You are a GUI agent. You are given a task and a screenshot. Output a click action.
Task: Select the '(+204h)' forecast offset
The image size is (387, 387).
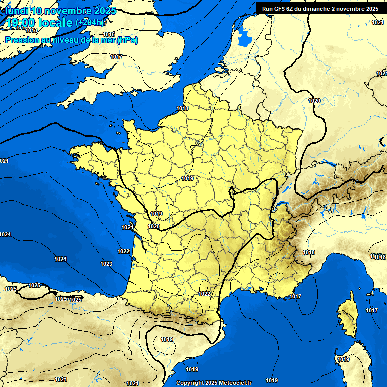click(90, 23)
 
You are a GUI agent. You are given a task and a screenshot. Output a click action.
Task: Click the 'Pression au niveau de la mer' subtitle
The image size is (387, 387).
click(71, 40)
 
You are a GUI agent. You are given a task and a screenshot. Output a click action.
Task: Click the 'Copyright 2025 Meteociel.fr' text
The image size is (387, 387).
click(214, 383)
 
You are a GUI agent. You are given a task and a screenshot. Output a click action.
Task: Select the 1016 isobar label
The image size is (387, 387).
click(109, 34)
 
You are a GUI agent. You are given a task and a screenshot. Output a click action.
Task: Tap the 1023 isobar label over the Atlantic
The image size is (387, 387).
click(106, 264)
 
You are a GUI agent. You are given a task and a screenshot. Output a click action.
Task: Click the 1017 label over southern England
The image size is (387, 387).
click(116, 57)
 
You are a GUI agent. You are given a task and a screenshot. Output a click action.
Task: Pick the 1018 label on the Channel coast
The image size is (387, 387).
click(182, 108)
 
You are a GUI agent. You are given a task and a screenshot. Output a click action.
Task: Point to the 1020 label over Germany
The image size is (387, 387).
click(314, 101)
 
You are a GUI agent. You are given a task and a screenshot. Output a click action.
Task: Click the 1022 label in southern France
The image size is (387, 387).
click(204, 294)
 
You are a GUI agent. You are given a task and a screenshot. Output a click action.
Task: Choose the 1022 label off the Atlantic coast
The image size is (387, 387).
click(123, 251)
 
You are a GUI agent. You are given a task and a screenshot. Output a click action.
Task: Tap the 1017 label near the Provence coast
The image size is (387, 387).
click(295, 296)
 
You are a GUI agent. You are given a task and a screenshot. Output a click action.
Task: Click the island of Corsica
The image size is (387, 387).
click(347, 317)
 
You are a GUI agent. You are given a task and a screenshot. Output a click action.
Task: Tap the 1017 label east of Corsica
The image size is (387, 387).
click(372, 310)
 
